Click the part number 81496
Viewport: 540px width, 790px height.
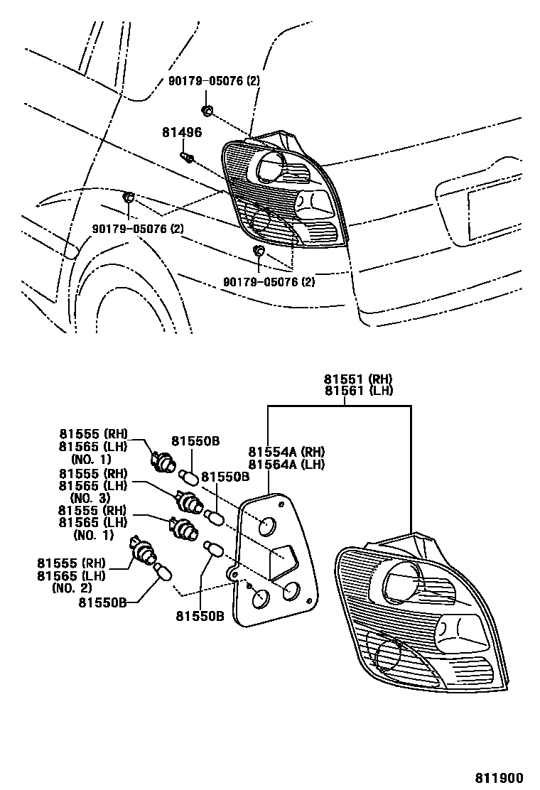click(x=182, y=132)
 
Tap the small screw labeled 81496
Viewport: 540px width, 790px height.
click(x=188, y=157)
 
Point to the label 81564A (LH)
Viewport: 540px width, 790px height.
click(x=286, y=465)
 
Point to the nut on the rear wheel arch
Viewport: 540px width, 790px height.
click(x=129, y=197)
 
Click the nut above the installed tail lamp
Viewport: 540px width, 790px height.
click(x=206, y=110)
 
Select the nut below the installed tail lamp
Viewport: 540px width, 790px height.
click(x=259, y=251)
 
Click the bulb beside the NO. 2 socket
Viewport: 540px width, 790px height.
click(x=162, y=570)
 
